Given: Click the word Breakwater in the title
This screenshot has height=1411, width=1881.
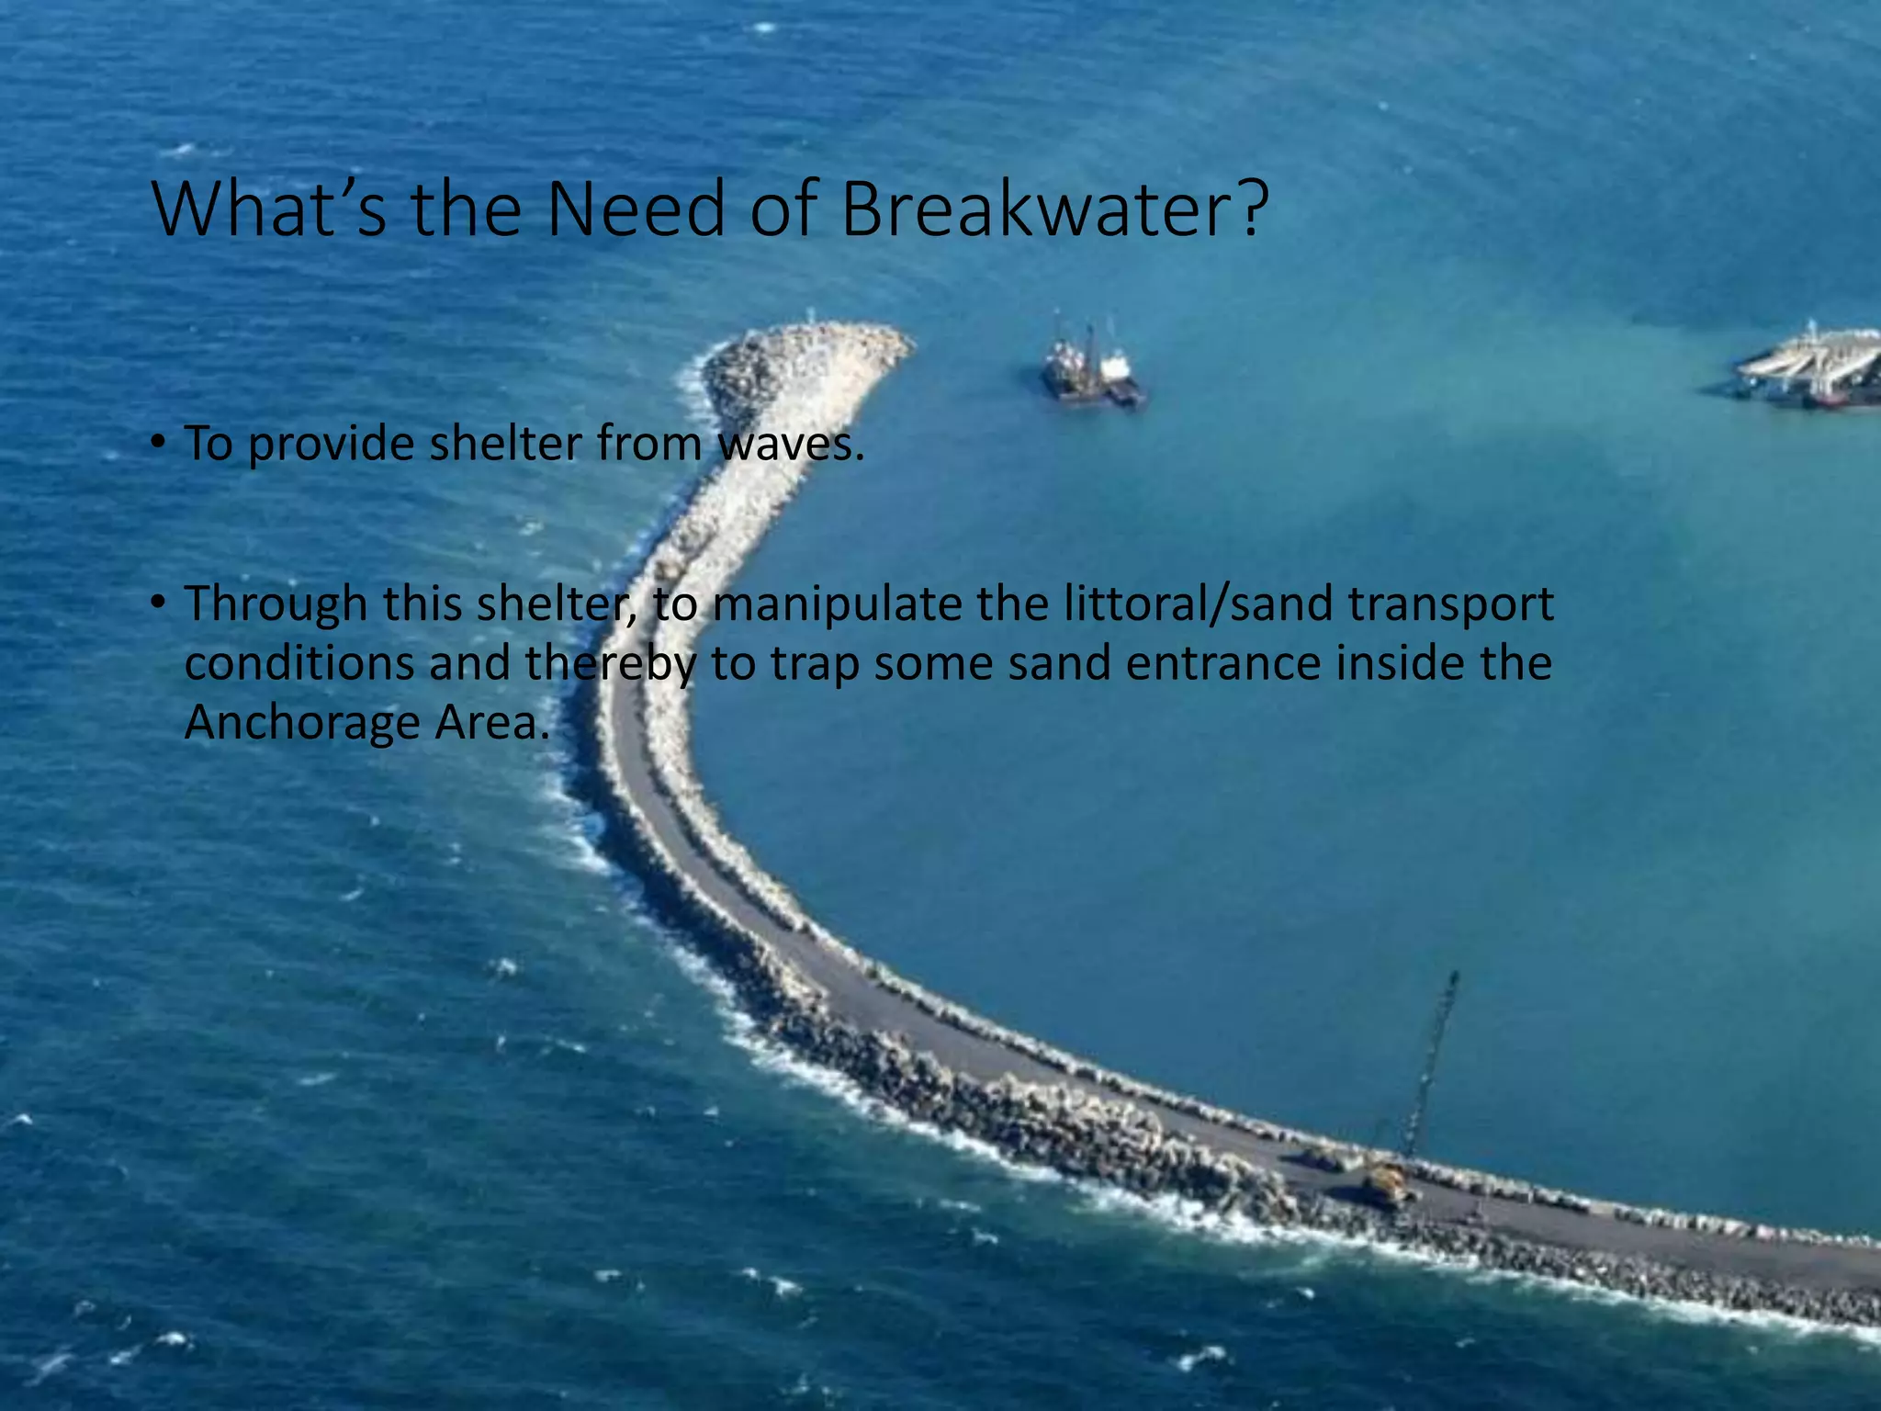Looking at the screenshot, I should pyautogui.click(x=1054, y=209).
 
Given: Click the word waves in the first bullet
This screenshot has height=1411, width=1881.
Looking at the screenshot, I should pyautogui.click(x=790, y=444).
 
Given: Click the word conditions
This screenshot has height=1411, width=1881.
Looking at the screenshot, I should pyautogui.click(x=299, y=663).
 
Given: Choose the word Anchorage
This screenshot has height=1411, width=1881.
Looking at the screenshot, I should pyautogui.click(x=301, y=724).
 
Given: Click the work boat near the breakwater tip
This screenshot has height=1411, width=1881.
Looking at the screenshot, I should pyautogui.click(x=1092, y=368).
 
